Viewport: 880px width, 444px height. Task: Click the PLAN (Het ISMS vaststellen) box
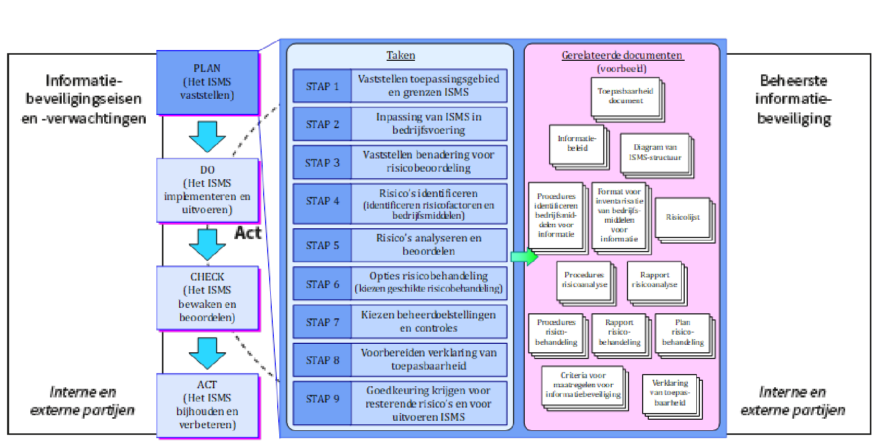(207, 82)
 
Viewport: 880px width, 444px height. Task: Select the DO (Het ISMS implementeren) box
(207, 190)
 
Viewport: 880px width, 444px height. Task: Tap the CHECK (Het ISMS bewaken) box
(207, 297)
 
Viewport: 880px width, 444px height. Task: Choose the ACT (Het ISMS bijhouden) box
(207, 405)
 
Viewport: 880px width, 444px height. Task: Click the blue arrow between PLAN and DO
(207, 136)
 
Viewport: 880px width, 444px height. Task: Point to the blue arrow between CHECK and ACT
(207, 353)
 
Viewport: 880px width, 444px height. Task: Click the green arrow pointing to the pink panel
(524, 257)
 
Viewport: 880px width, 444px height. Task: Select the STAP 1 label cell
(322, 86)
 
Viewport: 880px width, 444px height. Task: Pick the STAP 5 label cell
(322, 245)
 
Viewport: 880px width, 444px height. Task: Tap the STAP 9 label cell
(322, 399)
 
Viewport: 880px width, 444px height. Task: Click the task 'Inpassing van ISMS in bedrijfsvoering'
(429, 124)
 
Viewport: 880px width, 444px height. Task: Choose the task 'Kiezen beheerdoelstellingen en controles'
(429, 321)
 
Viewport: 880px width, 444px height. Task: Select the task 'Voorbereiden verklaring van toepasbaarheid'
(429, 359)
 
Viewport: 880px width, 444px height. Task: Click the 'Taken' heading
(401, 55)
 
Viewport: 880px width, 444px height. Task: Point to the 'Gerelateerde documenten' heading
(622, 55)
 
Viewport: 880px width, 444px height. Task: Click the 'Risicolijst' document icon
(683, 218)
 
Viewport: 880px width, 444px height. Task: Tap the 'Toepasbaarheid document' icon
(625, 97)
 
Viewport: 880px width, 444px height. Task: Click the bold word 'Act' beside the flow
(248, 233)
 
